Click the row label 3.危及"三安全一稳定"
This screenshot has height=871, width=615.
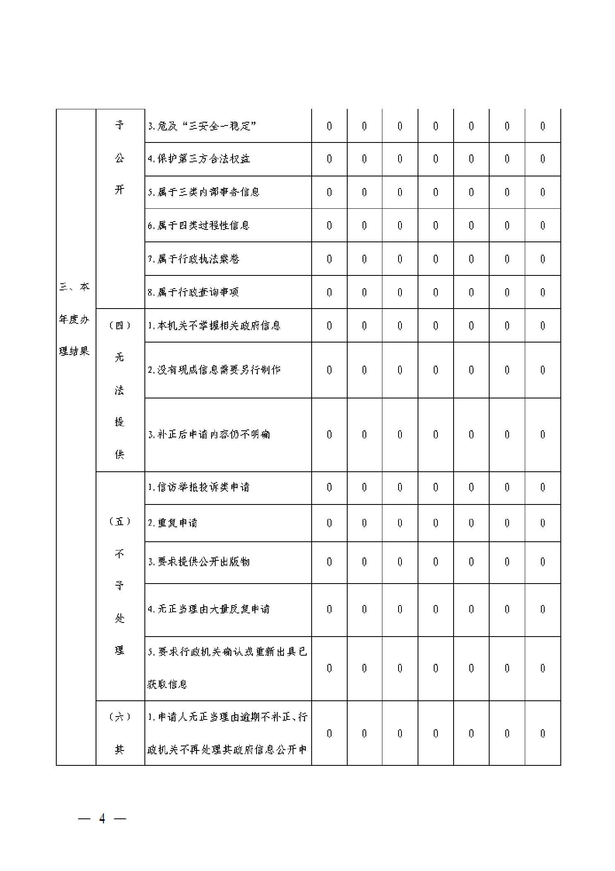(202, 126)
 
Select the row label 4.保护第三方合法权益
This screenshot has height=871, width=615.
(199, 159)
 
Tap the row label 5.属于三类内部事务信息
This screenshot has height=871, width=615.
(204, 192)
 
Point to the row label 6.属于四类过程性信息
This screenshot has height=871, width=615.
(199, 225)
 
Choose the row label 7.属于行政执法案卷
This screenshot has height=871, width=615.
(194, 259)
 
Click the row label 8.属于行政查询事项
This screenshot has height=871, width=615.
(193, 292)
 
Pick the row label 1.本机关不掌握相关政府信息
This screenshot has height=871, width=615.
(214, 326)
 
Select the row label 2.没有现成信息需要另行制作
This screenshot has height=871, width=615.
(214, 370)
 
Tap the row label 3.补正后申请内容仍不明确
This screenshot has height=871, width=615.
(209, 434)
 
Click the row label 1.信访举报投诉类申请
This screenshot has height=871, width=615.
(199, 487)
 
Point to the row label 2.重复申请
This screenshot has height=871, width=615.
(173, 523)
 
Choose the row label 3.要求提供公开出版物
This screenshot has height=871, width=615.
(199, 562)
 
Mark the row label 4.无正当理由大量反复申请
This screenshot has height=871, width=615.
(209, 609)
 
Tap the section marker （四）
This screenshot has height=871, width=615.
(120, 326)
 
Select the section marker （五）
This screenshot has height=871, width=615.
(120, 521)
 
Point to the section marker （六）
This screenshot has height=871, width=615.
(120, 717)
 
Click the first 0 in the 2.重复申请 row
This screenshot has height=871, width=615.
(329, 523)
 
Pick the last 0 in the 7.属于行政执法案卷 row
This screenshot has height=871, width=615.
(542, 259)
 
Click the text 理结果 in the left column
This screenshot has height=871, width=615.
(74, 352)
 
